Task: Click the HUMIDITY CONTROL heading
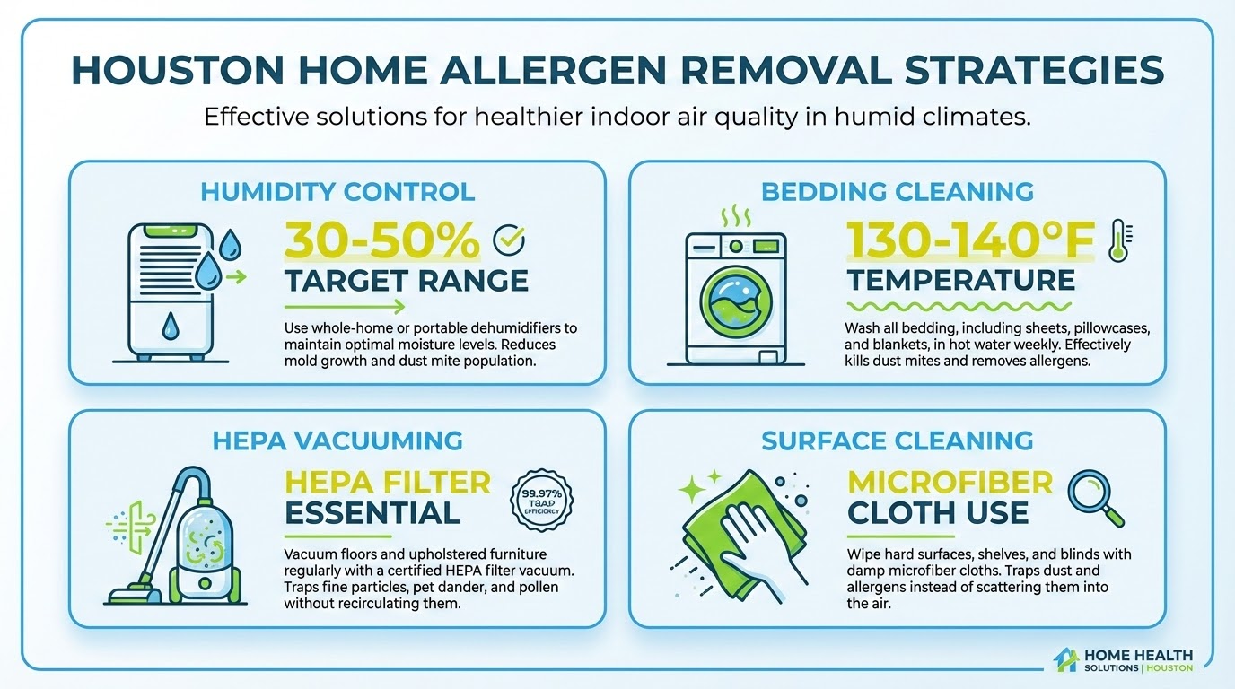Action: click(337, 191)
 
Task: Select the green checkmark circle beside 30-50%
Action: click(510, 240)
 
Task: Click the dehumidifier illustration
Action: click(170, 292)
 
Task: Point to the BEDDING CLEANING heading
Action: click(898, 191)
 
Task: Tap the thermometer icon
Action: click(1118, 240)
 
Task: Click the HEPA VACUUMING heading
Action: click(337, 440)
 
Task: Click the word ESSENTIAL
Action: click(372, 513)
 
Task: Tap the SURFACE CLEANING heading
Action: click(897, 440)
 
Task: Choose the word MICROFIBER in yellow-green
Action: click(950, 483)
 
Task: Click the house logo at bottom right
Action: click(1066, 659)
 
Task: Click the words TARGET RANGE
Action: click(407, 281)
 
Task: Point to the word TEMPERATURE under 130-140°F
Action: click(961, 280)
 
